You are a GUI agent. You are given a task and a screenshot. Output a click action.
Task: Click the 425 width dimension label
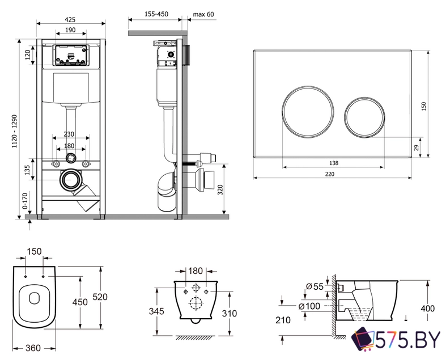(x=71, y=19)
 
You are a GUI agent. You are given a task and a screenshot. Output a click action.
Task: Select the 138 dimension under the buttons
(x=334, y=163)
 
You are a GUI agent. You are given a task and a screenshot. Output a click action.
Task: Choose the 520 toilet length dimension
(x=100, y=297)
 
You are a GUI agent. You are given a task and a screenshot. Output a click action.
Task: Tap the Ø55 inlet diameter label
(x=316, y=287)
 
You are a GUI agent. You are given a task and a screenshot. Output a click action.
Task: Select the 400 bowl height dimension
(x=428, y=309)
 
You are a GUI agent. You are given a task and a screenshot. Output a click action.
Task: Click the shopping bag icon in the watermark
(x=364, y=340)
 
